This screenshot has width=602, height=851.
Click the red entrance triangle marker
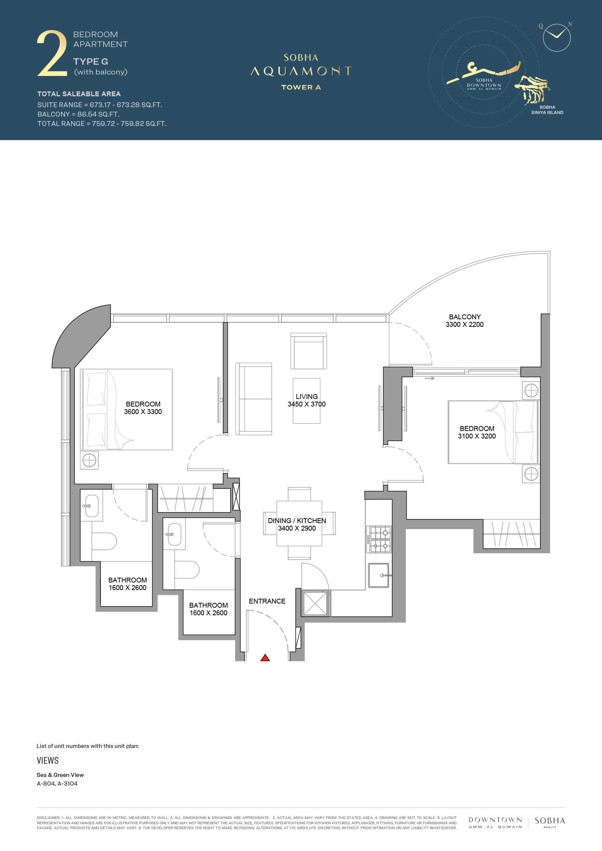coord(265,658)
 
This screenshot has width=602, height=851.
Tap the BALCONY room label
coord(465,317)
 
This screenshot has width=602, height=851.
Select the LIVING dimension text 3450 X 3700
coord(307,404)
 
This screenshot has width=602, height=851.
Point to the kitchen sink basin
coord(379,575)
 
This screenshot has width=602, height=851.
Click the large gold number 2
coord(52,54)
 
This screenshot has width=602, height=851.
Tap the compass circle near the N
coord(557,38)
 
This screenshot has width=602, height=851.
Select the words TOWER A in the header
coord(301,87)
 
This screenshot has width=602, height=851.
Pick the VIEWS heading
coord(48,760)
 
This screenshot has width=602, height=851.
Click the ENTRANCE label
coord(267,601)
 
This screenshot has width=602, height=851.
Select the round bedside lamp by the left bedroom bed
coord(89,460)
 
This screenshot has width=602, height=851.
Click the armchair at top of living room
coord(309,351)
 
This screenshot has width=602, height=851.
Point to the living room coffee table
coord(307,401)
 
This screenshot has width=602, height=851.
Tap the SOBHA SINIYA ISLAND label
coord(547,110)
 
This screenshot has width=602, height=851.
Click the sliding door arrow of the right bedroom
coord(430,378)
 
